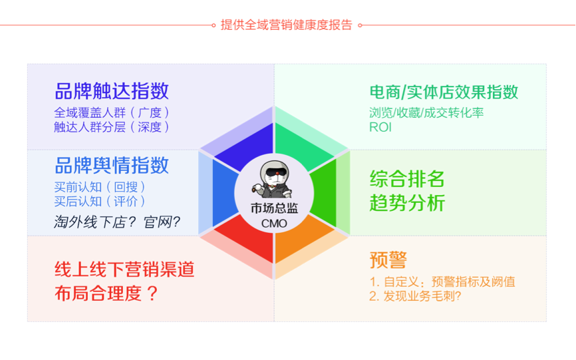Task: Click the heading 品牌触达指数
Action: [112, 91]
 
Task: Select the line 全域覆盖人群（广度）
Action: [112, 112]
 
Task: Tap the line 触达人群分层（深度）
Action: [112, 126]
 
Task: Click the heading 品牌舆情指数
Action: [112, 165]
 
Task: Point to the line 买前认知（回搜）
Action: [100, 186]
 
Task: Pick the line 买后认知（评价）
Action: [100, 201]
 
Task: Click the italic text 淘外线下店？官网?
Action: [117, 222]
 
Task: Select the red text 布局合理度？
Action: [106, 293]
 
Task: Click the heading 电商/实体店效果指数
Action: [444, 92]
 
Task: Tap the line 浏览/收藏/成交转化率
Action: [426, 112]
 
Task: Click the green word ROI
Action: [380, 126]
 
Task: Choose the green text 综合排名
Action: [407, 178]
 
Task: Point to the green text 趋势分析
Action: [407, 203]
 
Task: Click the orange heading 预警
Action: [388, 260]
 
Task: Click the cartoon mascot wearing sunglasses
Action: [274, 180]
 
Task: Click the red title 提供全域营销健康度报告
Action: [286, 25]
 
